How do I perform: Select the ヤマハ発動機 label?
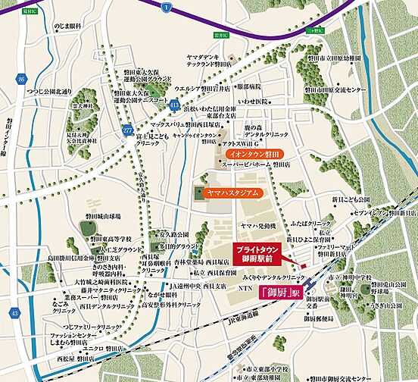[259, 226]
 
